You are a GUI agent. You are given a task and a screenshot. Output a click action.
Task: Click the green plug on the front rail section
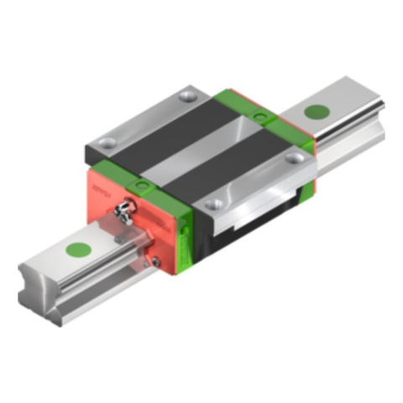coord(78,249)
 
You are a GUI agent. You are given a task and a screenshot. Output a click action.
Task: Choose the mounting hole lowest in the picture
coord(215,202)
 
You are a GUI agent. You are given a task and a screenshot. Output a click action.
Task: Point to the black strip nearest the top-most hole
coord(168,126)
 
